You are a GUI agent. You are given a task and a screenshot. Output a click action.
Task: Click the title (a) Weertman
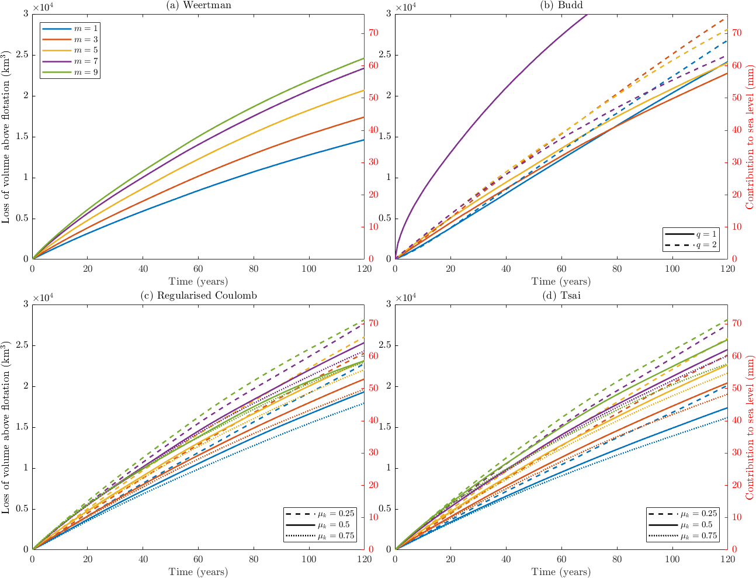198,5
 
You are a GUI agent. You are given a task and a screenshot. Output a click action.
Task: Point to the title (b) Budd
561,5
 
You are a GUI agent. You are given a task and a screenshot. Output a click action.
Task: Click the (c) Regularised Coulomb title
198,295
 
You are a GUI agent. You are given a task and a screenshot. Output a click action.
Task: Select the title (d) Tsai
561,295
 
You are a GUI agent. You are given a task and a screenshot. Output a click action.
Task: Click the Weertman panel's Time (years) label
198,282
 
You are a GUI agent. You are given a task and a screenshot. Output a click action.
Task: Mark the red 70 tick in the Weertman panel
372,33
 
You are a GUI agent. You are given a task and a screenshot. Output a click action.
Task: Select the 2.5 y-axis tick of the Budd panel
386,55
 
